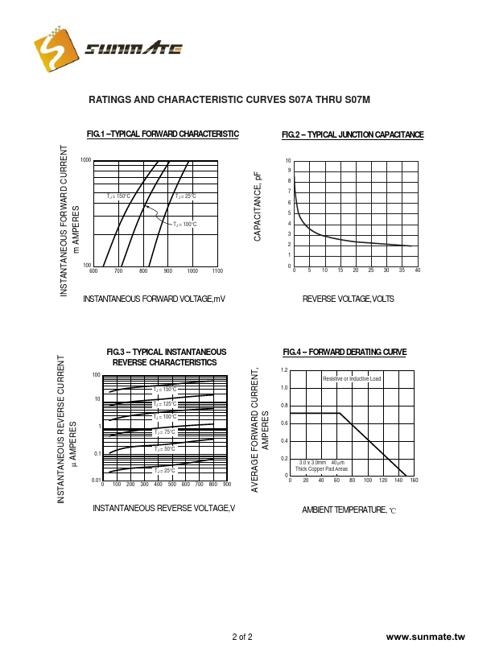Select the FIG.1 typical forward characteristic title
click(163, 134)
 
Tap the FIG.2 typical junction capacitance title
click(353, 134)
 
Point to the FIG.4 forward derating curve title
click(345, 353)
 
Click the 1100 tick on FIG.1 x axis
click(217, 271)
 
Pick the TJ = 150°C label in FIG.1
click(118, 196)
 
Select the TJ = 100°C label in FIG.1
click(185, 225)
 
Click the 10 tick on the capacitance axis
click(288, 161)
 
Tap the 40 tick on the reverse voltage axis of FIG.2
click(417, 271)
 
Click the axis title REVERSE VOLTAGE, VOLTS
click(349, 299)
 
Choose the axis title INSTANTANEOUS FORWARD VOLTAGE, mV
click(155, 299)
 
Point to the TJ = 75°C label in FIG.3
click(164, 432)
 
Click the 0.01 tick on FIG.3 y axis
click(95, 481)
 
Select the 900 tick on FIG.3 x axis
click(227, 485)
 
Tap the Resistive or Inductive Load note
click(352, 378)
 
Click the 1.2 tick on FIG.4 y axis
click(284, 370)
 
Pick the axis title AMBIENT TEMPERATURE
click(349, 510)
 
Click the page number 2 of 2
click(242, 638)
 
